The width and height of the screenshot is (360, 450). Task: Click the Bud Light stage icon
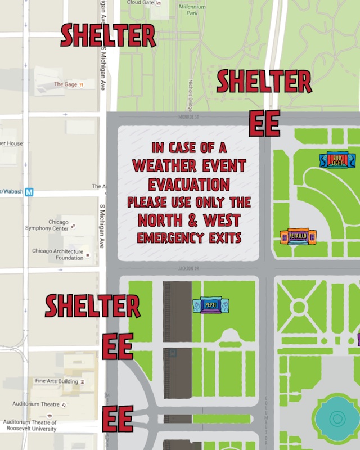click(x=337, y=160)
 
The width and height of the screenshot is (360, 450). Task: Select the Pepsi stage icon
click(x=211, y=305)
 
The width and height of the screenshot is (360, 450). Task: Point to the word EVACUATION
click(x=189, y=184)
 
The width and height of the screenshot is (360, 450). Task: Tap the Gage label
click(x=66, y=84)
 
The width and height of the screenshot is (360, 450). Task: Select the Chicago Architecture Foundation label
click(x=58, y=254)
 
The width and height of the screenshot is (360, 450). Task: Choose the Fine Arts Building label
click(x=56, y=381)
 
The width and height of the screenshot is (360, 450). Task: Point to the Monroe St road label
click(x=186, y=118)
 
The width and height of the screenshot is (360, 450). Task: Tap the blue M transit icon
click(x=30, y=192)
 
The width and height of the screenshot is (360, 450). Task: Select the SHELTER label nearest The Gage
click(x=108, y=36)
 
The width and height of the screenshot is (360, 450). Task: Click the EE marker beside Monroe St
click(x=264, y=124)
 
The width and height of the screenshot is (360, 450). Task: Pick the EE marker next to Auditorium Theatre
click(x=118, y=418)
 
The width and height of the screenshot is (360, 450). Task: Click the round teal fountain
click(x=337, y=418)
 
